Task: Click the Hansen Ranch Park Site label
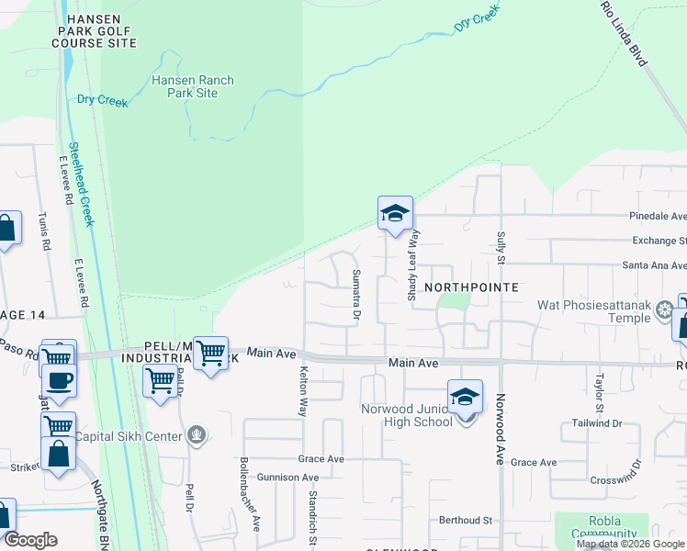(x=192, y=86)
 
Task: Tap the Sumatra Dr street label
(x=356, y=296)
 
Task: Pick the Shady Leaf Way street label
(x=413, y=264)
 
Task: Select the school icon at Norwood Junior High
(x=466, y=397)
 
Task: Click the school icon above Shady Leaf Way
(x=394, y=214)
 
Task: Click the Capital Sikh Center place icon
(x=194, y=436)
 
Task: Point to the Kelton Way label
(x=302, y=393)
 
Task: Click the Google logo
(x=29, y=540)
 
